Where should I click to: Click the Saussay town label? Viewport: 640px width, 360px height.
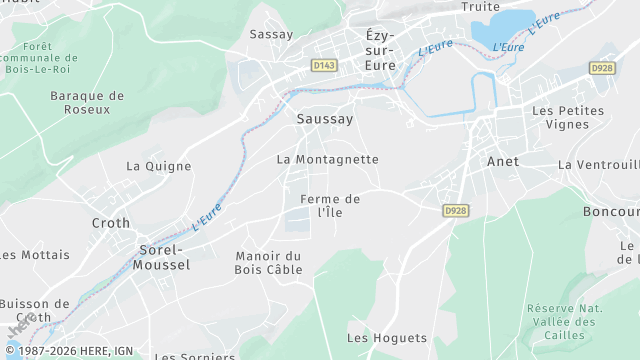[x=325, y=118]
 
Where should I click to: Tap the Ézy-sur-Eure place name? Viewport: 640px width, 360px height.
[x=380, y=49]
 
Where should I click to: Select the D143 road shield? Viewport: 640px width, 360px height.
[x=323, y=66]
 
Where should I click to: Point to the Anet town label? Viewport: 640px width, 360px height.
[x=502, y=161]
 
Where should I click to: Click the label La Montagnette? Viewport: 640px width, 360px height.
[x=327, y=159]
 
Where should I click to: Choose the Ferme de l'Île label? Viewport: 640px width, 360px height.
[x=330, y=205]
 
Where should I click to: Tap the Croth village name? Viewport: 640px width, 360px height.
[x=111, y=223]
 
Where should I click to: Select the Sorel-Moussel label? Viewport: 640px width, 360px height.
[x=160, y=257]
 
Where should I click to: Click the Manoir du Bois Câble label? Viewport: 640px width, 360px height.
[x=268, y=262]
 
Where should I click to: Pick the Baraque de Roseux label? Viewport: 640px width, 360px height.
[x=87, y=103]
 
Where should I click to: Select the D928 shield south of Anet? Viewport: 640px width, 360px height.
[x=456, y=210]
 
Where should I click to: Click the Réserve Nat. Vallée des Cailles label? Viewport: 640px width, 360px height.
[x=562, y=322]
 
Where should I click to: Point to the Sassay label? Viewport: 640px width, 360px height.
[x=271, y=34]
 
